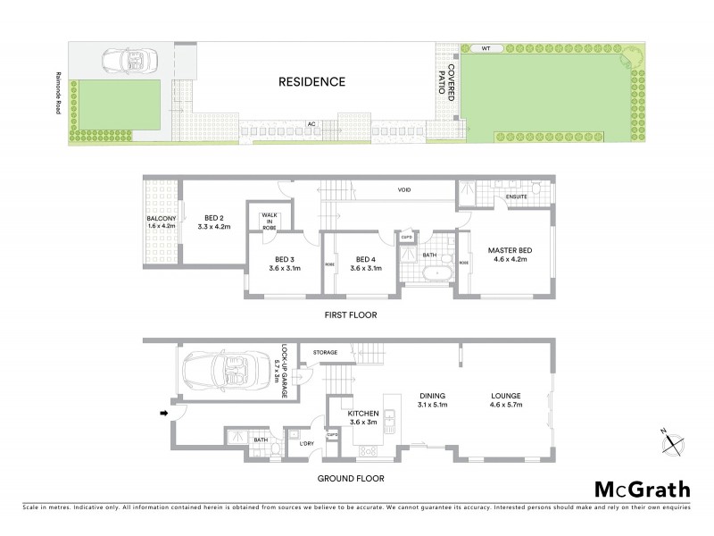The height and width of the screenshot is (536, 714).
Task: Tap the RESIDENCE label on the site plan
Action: point(311,82)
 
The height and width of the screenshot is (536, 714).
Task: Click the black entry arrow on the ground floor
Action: point(162,413)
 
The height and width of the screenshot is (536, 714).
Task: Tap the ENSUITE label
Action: point(517,197)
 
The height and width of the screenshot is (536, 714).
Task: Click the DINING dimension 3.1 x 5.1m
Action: point(432,405)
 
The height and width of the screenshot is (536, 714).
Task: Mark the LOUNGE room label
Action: point(505,396)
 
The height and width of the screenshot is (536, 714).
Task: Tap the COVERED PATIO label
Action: point(451,82)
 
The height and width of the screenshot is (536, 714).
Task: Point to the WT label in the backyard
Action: point(486,47)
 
